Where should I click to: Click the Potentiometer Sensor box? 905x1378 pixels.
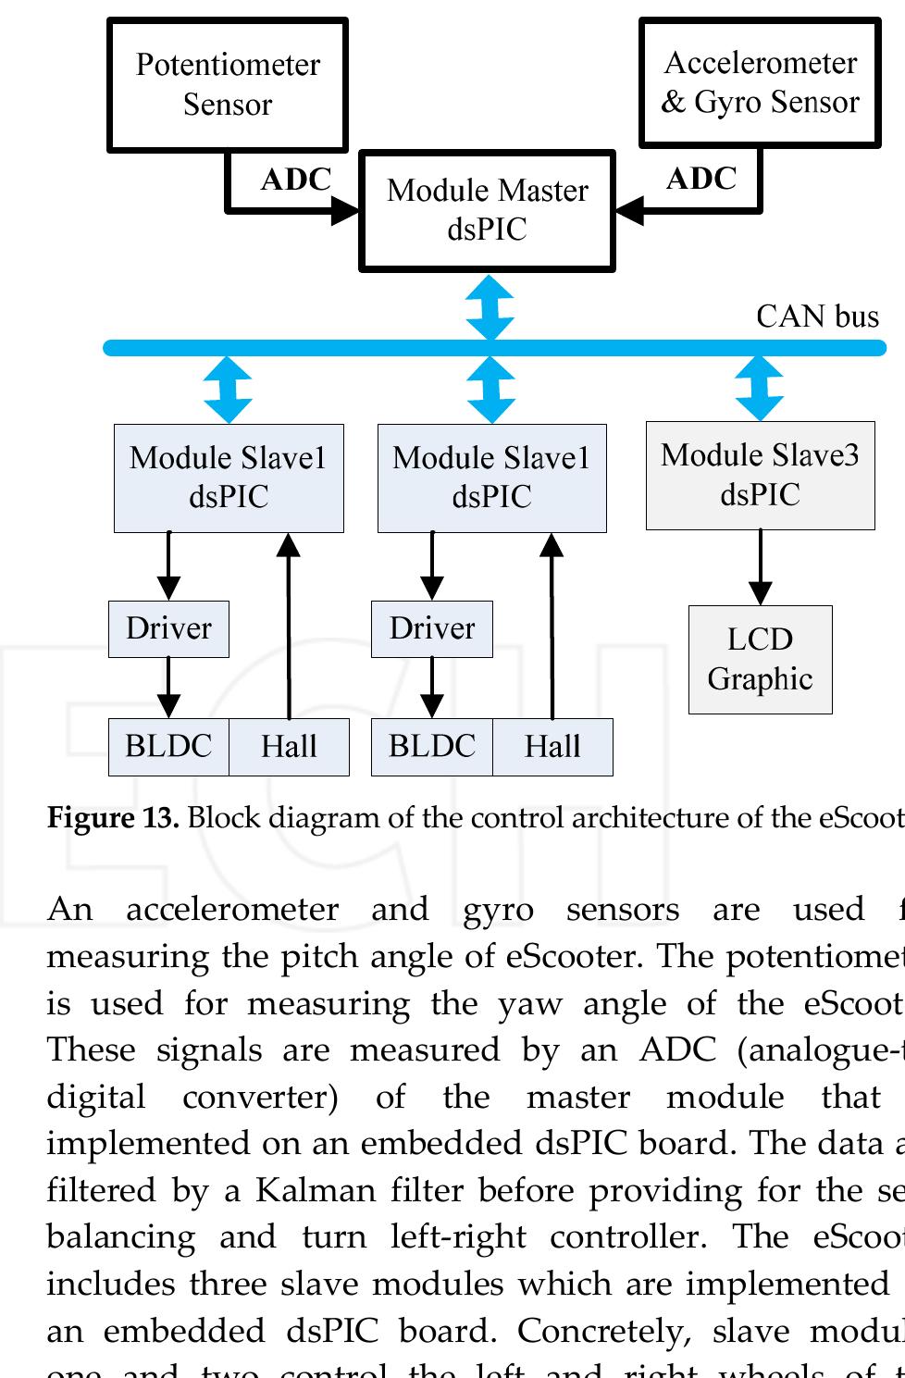tap(228, 84)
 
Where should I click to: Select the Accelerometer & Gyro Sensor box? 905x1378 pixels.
tap(760, 82)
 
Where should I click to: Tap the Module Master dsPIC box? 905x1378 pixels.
tap(487, 210)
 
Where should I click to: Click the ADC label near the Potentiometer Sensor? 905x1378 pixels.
tap(295, 180)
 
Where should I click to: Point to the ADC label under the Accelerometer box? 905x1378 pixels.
tap(700, 179)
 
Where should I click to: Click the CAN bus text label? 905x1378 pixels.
tap(817, 317)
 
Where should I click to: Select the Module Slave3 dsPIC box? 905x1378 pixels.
tap(760, 475)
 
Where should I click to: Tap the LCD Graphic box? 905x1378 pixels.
tap(760, 659)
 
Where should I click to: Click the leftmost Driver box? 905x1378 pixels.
tap(168, 628)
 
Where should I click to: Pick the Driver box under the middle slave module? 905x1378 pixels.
tap(431, 628)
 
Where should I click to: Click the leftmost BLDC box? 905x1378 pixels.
tap(168, 746)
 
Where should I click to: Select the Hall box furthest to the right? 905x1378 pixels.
tap(552, 746)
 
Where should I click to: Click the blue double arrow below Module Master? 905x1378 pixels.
tap(490, 307)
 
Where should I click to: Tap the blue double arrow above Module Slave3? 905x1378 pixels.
tap(760, 389)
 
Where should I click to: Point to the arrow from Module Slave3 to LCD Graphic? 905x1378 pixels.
tap(760, 566)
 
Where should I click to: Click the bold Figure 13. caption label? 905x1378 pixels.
tap(112, 818)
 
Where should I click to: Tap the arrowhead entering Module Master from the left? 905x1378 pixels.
tap(346, 210)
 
